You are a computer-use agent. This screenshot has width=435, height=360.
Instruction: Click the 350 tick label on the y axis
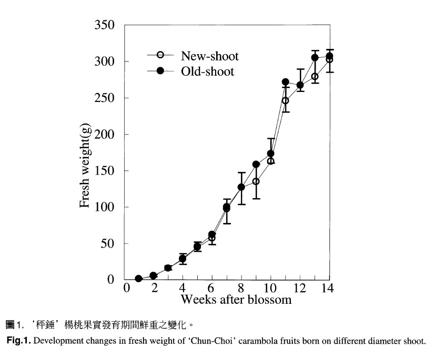(104, 25)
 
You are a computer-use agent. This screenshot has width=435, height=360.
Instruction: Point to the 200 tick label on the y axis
(104, 135)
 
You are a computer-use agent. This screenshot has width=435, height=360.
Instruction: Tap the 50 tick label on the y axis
(107, 244)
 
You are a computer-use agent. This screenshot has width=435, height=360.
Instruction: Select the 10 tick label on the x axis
(270, 288)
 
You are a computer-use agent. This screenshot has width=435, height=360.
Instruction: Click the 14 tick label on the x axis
(327, 288)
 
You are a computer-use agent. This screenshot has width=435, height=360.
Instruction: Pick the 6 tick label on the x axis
(211, 288)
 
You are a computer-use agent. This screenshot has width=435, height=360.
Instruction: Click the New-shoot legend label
(210, 56)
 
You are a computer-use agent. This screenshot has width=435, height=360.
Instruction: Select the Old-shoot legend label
(208, 71)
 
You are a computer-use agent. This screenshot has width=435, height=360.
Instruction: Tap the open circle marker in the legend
(160, 55)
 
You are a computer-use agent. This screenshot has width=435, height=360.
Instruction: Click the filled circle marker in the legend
(160, 70)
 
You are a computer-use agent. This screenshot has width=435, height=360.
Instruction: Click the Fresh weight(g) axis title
(85, 165)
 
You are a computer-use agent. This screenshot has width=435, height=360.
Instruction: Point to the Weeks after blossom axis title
(236, 300)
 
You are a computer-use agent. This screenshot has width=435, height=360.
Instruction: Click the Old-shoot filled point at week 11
(286, 82)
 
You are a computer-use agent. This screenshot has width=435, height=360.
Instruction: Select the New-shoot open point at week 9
(256, 181)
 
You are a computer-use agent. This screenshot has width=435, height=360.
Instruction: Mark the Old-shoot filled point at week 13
(315, 58)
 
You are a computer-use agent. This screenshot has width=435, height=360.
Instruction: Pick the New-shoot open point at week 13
(315, 77)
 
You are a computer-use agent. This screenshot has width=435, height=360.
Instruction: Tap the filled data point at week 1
(139, 279)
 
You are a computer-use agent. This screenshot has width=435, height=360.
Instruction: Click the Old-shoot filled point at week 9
(256, 164)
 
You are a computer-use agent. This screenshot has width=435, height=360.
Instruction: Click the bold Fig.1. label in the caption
(18, 341)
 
